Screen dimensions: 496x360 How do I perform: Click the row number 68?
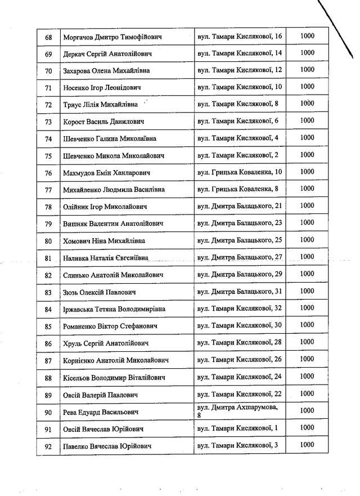pyautogui.click(x=48, y=37)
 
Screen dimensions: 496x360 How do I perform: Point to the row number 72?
pyautogui.click(x=48, y=105)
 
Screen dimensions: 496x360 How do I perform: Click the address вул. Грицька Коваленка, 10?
pyautogui.click(x=240, y=172)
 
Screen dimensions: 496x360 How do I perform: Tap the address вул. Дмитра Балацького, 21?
pyautogui.click(x=240, y=206)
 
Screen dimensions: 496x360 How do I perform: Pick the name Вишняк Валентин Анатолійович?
pyautogui.click(x=114, y=224)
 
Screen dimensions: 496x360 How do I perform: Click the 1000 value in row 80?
pyautogui.click(x=307, y=240)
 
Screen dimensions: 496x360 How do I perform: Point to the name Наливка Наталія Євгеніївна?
pyautogui.click(x=106, y=258)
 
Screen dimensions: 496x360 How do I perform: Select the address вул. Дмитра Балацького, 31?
pyautogui.click(x=240, y=291)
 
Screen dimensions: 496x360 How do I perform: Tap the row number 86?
pyautogui.click(x=48, y=343)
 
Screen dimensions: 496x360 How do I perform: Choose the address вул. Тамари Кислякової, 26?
pyautogui.click(x=240, y=359)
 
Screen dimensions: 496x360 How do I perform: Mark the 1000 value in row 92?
pyautogui.click(x=307, y=445)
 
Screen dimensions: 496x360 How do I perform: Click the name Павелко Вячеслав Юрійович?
pyautogui.click(x=108, y=446)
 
